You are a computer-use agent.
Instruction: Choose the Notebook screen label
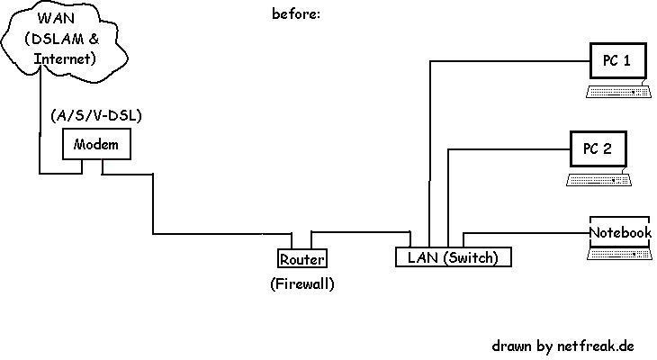pyautogui.click(x=620, y=232)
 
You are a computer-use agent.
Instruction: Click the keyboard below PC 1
pyautogui.click(x=619, y=91)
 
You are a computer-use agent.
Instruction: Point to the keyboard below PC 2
pyautogui.click(x=598, y=179)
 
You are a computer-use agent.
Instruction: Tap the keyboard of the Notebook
pyautogui.click(x=620, y=254)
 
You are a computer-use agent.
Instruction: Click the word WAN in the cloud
pyautogui.click(x=56, y=18)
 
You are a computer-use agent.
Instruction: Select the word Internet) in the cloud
pyautogui.click(x=65, y=58)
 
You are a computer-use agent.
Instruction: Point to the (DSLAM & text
pyautogui.click(x=62, y=39)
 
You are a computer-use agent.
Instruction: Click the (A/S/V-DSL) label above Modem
pyautogui.click(x=96, y=115)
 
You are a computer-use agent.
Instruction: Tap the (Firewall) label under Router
pyautogui.click(x=302, y=284)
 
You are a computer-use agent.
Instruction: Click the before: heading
pyautogui.click(x=296, y=13)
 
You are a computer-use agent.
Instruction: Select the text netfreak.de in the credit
pyautogui.click(x=596, y=346)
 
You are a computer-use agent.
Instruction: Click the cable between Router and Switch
pyautogui.click(x=360, y=232)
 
